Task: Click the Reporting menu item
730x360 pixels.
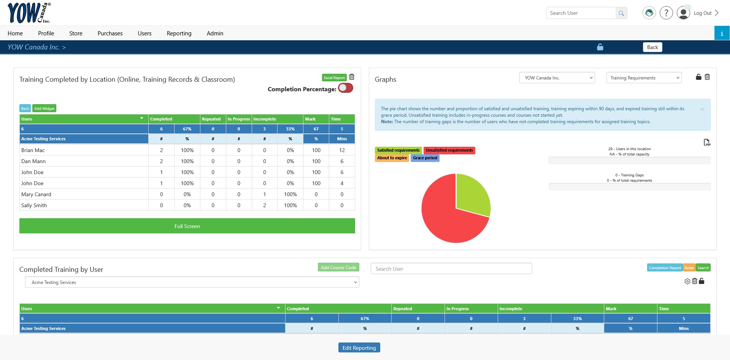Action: tap(179, 33)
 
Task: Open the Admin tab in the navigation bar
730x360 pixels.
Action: tap(215, 33)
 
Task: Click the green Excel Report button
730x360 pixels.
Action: tap(334, 78)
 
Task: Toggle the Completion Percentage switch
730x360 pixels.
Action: tap(346, 88)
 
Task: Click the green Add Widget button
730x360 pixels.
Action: tap(44, 108)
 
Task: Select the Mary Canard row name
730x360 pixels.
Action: tap(36, 194)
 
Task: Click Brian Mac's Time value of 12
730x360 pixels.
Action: tap(342, 150)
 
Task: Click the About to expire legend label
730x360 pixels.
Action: tap(392, 158)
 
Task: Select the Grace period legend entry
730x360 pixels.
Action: tap(425, 158)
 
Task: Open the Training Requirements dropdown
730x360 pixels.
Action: tap(644, 78)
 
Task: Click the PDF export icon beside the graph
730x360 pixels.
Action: tap(707, 143)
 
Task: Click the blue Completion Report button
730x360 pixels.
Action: tap(665, 268)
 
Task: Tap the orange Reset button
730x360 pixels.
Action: tap(689, 268)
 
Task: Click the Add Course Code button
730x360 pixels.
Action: tap(338, 267)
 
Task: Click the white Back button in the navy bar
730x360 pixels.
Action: tap(652, 47)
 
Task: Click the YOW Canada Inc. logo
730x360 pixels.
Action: tap(29, 13)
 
